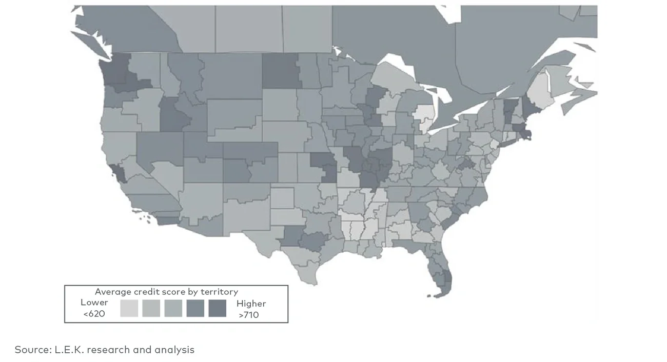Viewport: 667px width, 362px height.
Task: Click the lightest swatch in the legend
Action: (129, 308)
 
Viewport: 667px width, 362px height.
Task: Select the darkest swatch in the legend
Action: (218, 308)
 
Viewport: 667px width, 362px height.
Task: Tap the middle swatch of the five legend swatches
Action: (173, 308)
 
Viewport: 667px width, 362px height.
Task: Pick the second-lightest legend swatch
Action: (151, 308)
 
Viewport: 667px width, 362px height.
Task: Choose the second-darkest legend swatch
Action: (195, 308)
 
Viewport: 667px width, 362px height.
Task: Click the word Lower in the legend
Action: (94, 303)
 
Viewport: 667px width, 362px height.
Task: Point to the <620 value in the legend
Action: (94, 314)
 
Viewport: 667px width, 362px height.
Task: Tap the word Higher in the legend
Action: (251, 304)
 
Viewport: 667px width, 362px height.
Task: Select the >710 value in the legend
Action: (249, 315)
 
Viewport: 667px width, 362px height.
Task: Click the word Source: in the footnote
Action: (32, 350)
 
